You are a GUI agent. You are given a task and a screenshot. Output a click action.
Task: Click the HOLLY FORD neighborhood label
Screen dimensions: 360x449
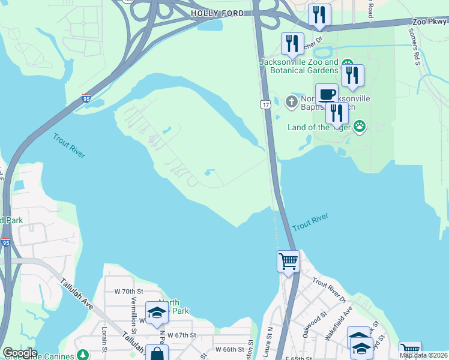coord(217,13)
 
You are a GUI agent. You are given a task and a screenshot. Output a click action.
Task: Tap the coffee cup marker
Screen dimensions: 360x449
coord(327,94)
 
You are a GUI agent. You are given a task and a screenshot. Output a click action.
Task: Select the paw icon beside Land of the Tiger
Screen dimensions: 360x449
coord(359,126)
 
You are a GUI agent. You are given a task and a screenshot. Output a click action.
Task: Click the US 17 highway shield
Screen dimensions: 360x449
coord(265,105)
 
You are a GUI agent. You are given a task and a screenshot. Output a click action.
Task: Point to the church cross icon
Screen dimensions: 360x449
coord(291,101)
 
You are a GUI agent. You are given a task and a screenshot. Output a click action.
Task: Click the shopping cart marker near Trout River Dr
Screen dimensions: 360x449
coord(288,262)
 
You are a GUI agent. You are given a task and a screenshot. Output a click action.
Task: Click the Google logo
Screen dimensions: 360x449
coord(20,353)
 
